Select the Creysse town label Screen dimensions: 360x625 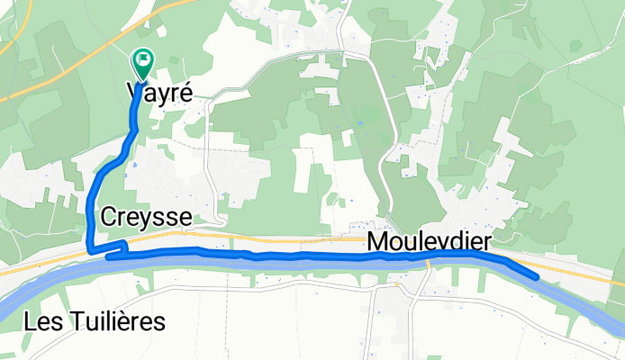click(x=146, y=217)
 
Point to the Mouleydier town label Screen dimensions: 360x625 click(x=429, y=242)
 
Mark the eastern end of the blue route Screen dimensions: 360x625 click(x=537, y=277)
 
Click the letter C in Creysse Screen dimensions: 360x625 click(x=110, y=217)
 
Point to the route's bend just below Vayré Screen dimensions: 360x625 click(x=133, y=132)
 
